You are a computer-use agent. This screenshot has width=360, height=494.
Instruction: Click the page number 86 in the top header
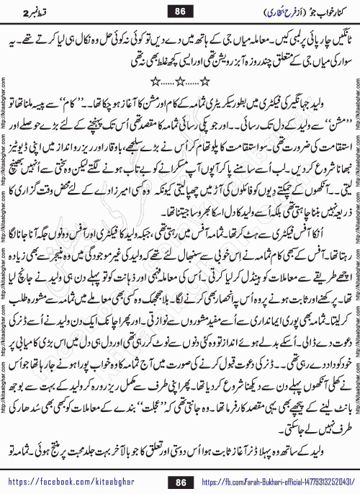(180, 11)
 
